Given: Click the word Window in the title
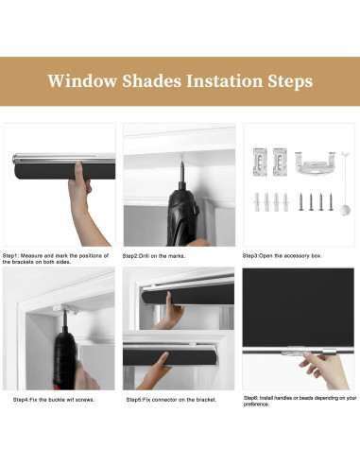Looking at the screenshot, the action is tap(82, 80).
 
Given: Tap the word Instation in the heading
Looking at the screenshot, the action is tap(224, 80).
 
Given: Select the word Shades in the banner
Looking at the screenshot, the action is tap(152, 80).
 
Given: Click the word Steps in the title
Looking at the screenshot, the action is tap(290, 81).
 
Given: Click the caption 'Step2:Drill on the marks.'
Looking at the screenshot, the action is tap(154, 256).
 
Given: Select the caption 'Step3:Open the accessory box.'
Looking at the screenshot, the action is tap(282, 256).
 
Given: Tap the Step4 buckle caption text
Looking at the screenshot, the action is tap(54, 400).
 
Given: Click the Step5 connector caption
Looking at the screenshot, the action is tap(171, 400).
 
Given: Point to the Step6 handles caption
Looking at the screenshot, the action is tap(300, 401).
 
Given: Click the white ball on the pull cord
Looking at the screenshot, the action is tap(345, 210).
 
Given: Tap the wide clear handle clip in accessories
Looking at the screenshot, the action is tap(315, 163).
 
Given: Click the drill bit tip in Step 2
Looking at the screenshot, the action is tap(181, 163).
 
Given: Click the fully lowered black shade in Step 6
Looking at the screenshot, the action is tap(298, 308).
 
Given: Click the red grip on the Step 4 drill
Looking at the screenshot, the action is tap(59, 387).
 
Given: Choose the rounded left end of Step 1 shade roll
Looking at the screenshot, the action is tap(17, 171).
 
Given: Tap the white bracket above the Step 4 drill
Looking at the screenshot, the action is tap(65, 309).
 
